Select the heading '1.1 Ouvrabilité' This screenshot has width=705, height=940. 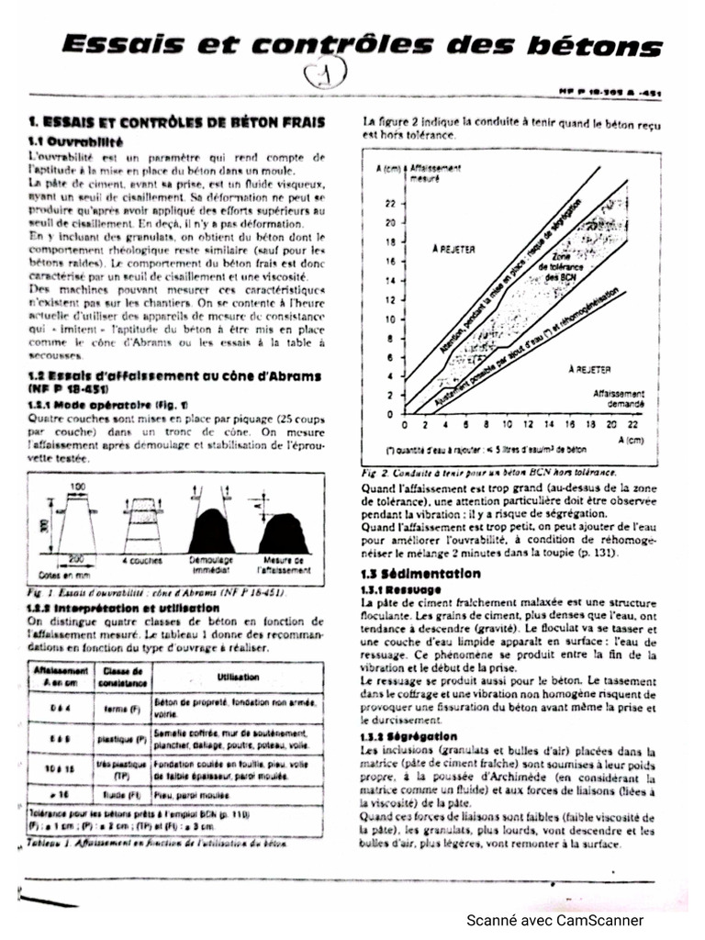[74, 143]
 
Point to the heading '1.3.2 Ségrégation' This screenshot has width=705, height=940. [408, 736]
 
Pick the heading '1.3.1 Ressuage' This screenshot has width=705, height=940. [401, 588]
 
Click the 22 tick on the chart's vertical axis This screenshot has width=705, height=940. [389, 204]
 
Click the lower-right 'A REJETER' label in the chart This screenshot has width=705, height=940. [588, 369]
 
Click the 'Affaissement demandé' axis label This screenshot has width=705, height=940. [624, 397]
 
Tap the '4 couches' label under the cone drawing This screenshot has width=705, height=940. [141, 559]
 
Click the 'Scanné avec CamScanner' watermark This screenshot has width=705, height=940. [555, 920]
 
